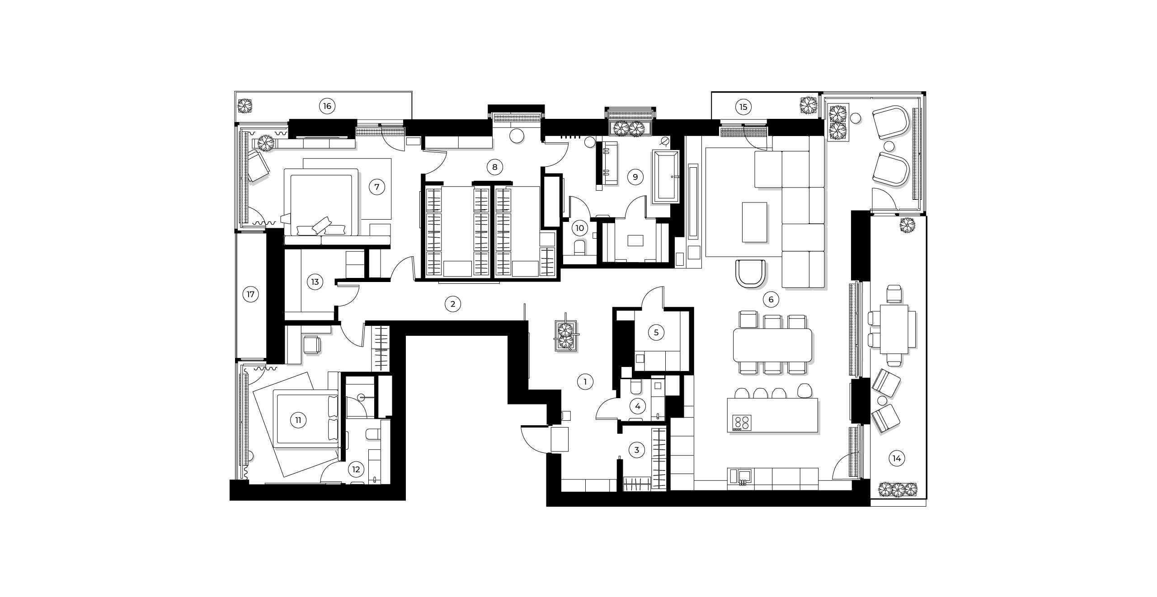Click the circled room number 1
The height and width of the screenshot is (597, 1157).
tap(585, 382)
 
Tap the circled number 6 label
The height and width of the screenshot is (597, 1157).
tap(771, 299)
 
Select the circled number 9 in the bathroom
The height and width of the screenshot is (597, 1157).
tap(635, 177)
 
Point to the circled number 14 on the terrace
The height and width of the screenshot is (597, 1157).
tap(897, 459)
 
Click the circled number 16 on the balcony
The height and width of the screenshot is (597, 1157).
tap(327, 106)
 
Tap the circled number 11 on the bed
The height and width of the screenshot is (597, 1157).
tap(298, 420)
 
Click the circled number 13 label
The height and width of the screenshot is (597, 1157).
tap(315, 282)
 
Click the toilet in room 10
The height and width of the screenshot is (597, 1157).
tap(579, 248)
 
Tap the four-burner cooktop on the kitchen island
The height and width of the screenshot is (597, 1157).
tap(742, 422)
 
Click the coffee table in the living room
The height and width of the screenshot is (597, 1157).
tap(754, 222)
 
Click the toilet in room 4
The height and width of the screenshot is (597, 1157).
tap(636, 389)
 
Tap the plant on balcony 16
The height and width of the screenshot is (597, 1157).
tap(245, 106)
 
